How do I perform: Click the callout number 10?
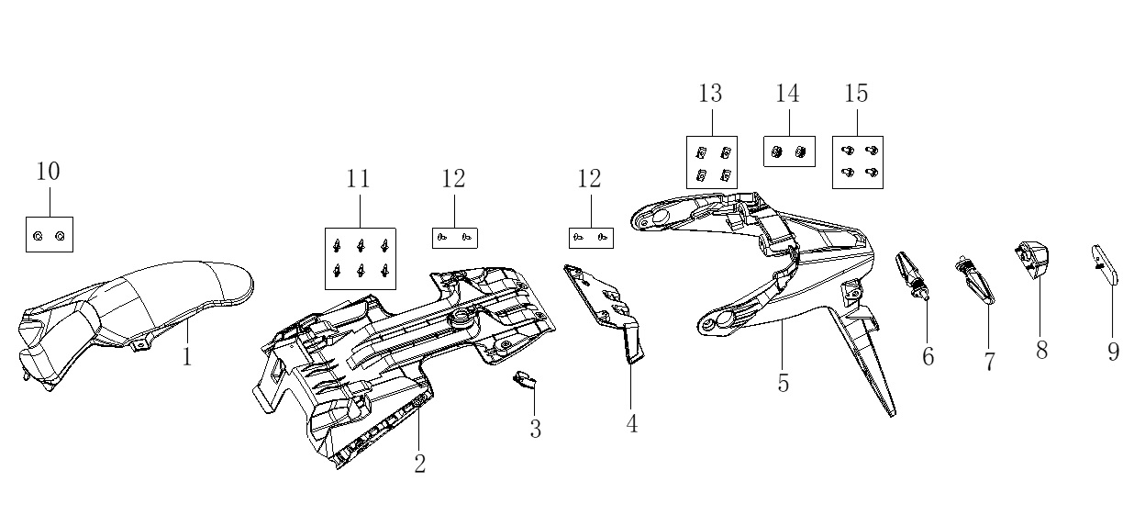click(x=48, y=171)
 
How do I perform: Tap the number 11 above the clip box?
click(x=359, y=179)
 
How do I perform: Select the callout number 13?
click(x=710, y=93)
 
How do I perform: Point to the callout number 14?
click(x=788, y=94)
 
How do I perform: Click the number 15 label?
click(x=857, y=93)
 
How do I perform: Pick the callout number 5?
click(x=784, y=384)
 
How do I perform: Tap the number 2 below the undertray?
click(x=419, y=464)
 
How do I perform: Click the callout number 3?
click(x=536, y=429)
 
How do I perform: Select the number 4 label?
click(x=632, y=424)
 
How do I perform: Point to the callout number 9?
click(x=1113, y=352)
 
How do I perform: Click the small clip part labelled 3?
click(x=525, y=379)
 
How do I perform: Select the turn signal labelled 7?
click(x=975, y=279)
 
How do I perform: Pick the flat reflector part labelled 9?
click(x=1105, y=264)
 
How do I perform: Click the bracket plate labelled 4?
click(x=605, y=311)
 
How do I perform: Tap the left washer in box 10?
click(x=38, y=236)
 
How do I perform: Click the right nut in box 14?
click(x=800, y=151)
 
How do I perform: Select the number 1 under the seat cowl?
click(x=187, y=357)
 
